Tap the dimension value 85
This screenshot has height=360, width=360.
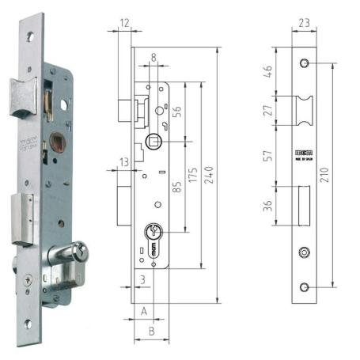[x=178, y=188]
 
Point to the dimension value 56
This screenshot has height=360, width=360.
[x=177, y=112]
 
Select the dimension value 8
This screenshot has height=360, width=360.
[x=153, y=57]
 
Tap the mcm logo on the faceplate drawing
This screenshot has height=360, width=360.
[x=305, y=146]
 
